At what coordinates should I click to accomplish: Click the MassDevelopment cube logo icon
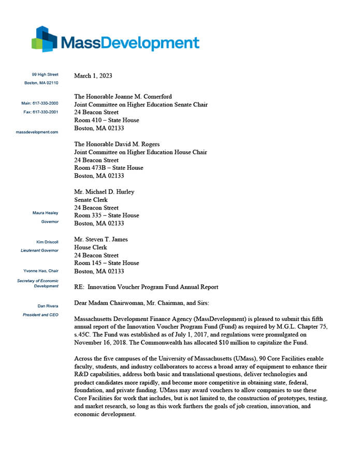44,39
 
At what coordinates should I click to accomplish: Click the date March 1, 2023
93,76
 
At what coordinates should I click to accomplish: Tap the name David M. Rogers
137,144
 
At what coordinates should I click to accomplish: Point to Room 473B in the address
90,168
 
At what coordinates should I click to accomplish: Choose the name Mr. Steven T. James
101,239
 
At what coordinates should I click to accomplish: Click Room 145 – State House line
107,263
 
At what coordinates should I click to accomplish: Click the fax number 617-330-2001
46,112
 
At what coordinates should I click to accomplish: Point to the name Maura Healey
46,213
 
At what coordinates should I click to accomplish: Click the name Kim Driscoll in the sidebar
47,242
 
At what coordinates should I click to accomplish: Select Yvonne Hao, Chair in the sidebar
41,271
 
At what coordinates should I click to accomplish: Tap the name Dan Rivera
48,306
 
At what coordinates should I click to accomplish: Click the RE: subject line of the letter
146,287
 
